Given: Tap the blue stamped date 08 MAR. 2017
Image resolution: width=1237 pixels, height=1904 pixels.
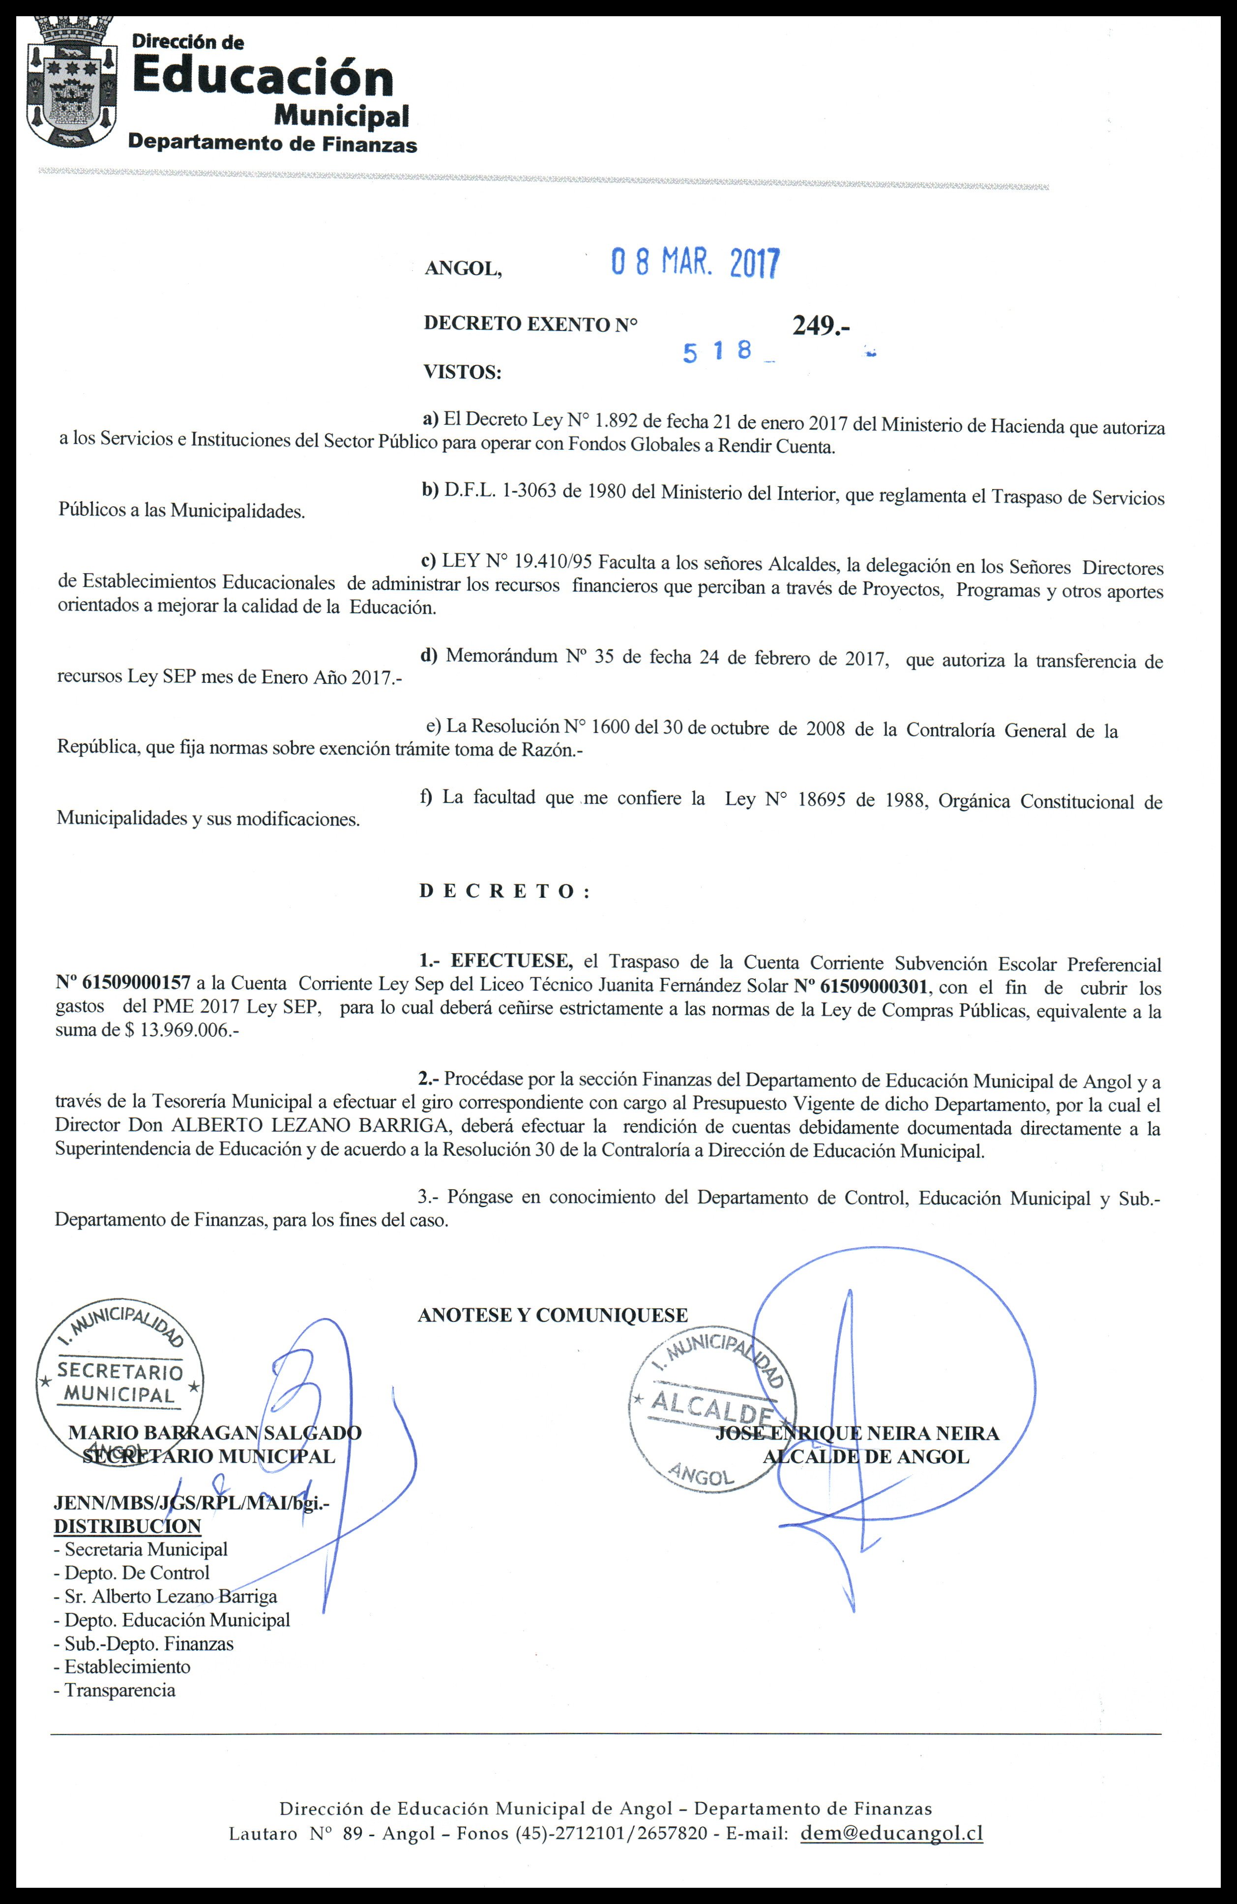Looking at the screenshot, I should point(695,263).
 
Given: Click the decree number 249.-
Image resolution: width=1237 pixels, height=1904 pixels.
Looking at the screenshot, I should point(820,325).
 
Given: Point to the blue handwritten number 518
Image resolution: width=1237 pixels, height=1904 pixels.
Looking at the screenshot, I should point(718,351).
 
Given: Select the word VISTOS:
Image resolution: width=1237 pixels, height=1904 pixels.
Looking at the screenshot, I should point(462,372).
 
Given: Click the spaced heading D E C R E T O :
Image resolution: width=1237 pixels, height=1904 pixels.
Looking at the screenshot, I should point(504,891).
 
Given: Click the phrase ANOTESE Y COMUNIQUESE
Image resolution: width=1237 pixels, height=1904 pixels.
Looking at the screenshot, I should point(552,1315).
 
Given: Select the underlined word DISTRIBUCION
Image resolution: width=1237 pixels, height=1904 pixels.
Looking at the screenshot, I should point(127,1525).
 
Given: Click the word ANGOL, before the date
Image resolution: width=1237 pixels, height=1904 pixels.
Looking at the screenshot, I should point(463,269).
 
